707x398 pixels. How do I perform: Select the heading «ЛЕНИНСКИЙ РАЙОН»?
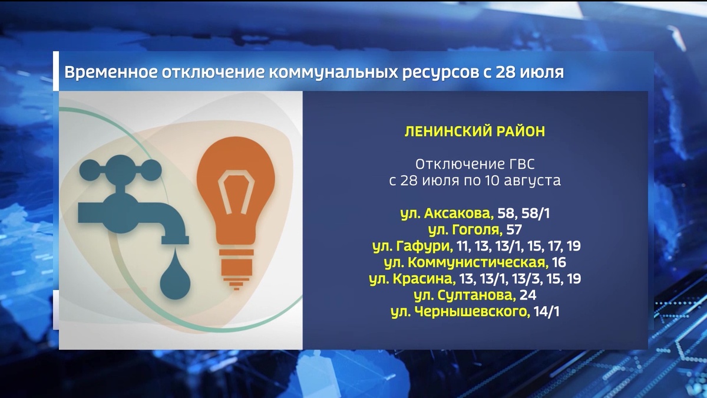tap(474, 131)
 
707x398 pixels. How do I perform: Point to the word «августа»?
tap(533, 180)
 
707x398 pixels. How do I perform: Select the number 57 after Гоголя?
tap(514, 229)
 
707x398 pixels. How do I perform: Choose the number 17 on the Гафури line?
tap(553, 245)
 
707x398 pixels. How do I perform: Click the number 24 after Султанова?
tap(528, 295)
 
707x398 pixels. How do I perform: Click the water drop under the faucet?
tap(174, 278)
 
